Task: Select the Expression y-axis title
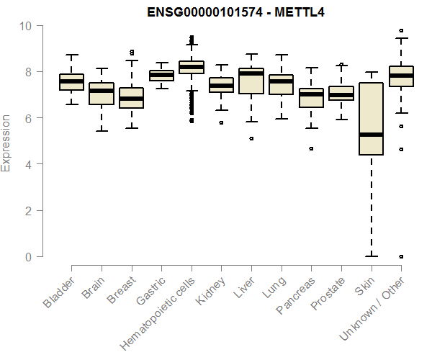[x=6, y=143]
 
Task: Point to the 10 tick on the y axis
[x=27, y=26]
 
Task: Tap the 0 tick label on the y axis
[x=29, y=257]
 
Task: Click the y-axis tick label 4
[x=29, y=164]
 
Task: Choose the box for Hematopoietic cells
[x=191, y=68]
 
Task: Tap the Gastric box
[x=161, y=75]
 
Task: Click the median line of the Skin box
[x=371, y=135]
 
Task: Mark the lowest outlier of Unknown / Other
[x=401, y=256]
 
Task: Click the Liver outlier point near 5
[x=251, y=138]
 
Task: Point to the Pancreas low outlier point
[x=311, y=148]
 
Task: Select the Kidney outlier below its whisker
[x=221, y=122]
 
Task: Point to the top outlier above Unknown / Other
[x=401, y=31]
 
